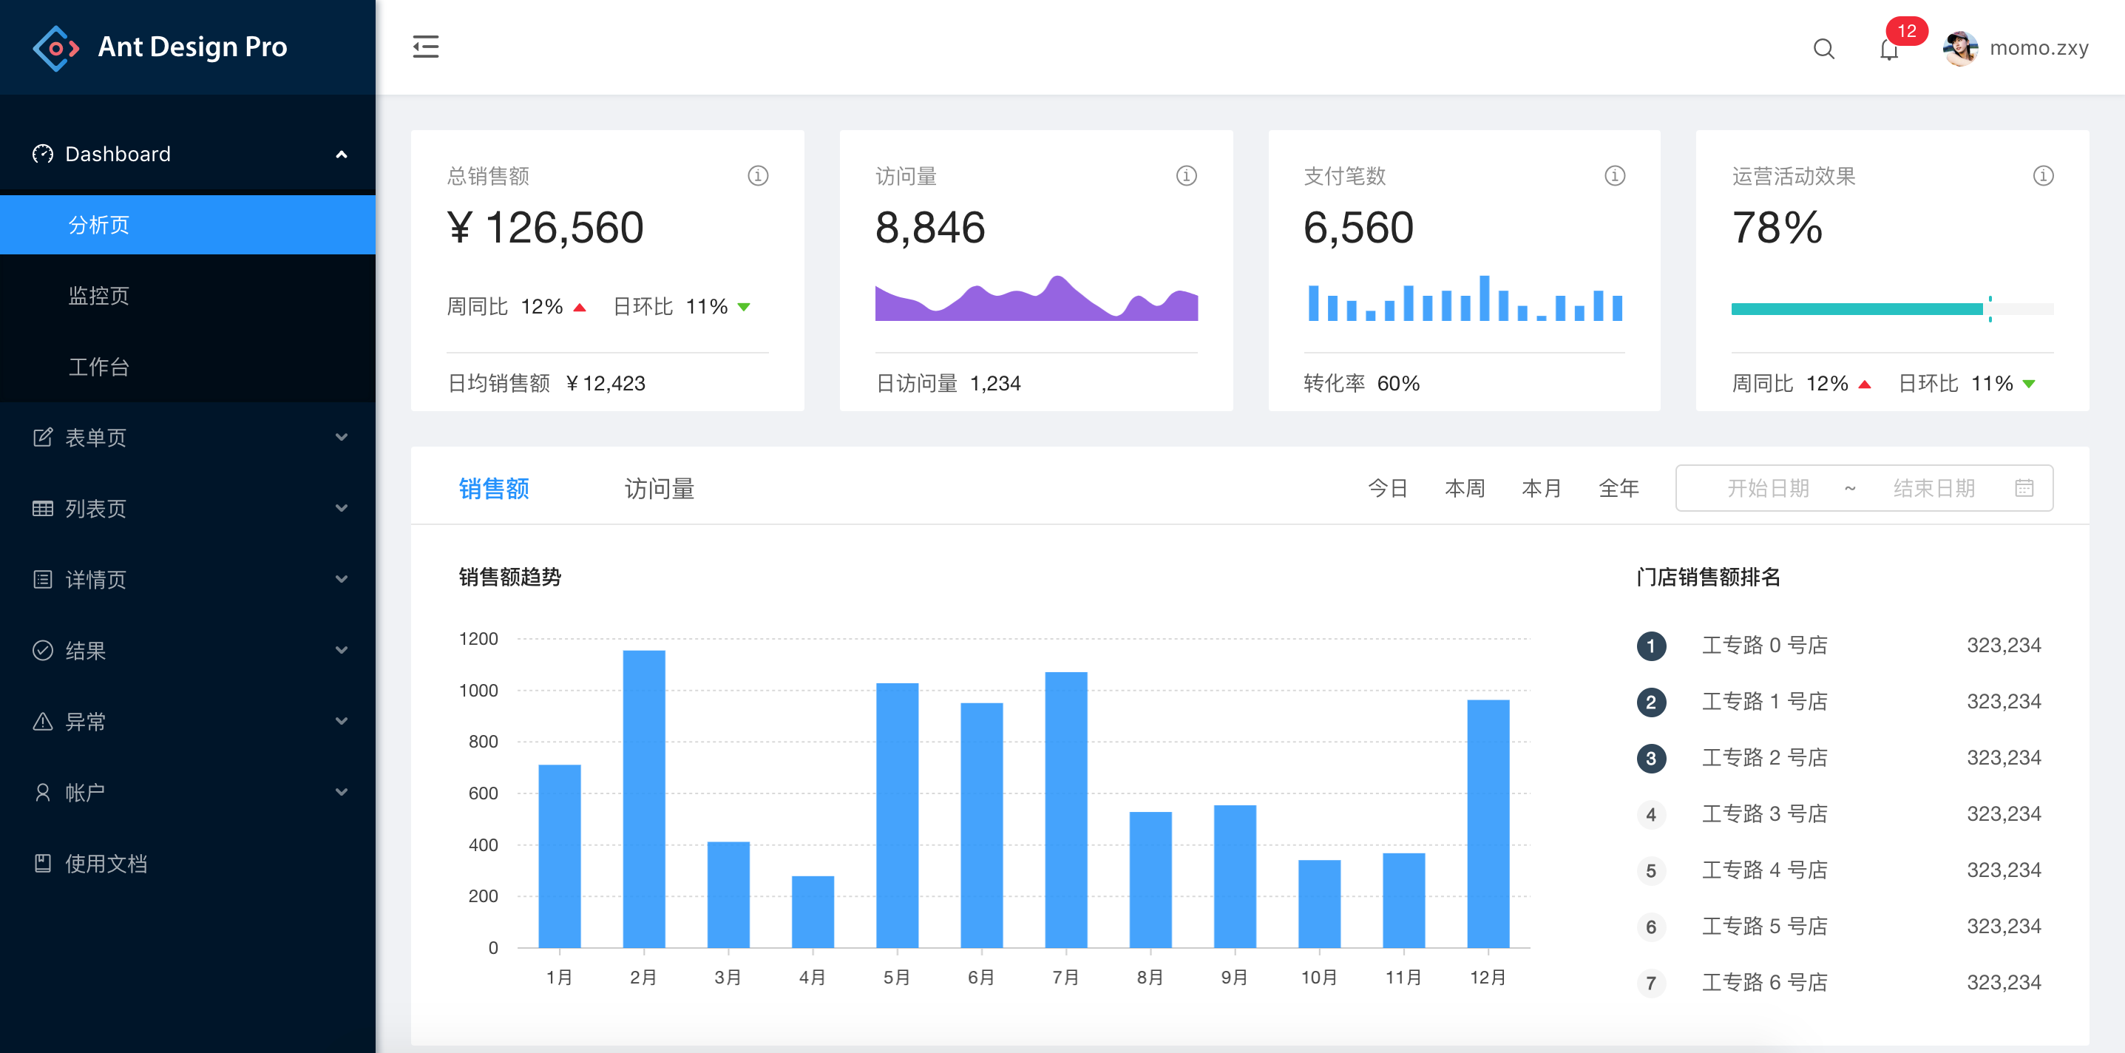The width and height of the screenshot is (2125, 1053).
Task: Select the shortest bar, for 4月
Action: (x=813, y=911)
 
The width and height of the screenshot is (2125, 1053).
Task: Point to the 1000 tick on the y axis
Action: (x=478, y=690)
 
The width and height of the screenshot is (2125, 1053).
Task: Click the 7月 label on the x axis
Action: (x=1065, y=977)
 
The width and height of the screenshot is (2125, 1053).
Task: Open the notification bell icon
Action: (x=1888, y=50)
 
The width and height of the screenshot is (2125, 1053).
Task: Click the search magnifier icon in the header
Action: (x=1823, y=49)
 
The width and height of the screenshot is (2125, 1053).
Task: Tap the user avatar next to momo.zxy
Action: (x=1960, y=48)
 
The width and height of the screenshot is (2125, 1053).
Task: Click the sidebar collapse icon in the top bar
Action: (x=426, y=47)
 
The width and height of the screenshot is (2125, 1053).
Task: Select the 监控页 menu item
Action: (x=99, y=296)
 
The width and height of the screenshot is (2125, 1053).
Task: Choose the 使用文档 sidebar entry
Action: (x=106, y=863)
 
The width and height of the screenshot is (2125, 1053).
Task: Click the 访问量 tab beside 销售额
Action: (x=659, y=489)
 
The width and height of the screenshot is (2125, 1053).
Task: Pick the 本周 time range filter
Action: (x=1464, y=489)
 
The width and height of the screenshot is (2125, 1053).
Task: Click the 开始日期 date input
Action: (x=1768, y=489)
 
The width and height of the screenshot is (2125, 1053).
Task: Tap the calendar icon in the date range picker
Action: (x=2024, y=489)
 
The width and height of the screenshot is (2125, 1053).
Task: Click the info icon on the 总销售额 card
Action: (x=757, y=176)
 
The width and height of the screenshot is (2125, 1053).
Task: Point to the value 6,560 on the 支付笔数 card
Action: (x=1358, y=228)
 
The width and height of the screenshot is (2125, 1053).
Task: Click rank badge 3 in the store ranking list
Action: (x=1650, y=759)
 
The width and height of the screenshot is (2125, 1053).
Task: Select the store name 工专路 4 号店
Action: (x=1764, y=870)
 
